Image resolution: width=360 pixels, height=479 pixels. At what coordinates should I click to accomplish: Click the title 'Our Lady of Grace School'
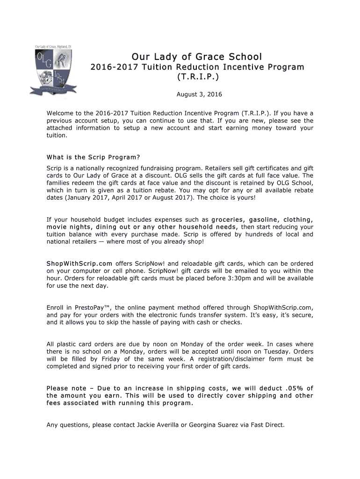[196, 57]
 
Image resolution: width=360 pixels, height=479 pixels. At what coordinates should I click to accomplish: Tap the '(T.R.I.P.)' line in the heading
[196, 76]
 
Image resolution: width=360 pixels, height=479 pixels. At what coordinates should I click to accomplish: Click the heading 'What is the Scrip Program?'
[93, 157]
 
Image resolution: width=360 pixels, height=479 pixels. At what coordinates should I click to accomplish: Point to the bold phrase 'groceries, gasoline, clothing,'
[262, 219]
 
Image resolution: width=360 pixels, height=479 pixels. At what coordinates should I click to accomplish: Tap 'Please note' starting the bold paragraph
[66, 388]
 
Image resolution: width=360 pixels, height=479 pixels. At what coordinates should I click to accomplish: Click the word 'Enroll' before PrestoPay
[56, 307]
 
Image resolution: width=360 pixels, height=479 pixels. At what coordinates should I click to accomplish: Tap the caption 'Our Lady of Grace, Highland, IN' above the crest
[53, 47]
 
